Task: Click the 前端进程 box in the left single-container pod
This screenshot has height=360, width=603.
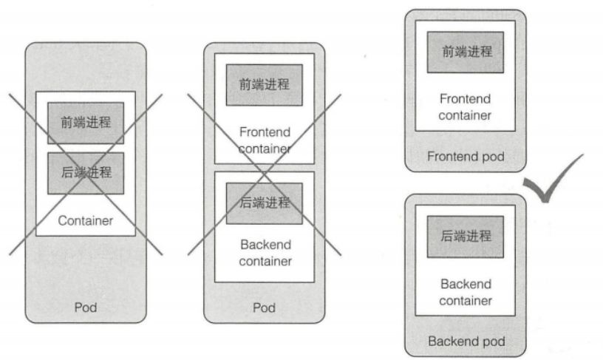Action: click(86, 122)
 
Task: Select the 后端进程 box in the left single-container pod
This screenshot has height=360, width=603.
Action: click(86, 173)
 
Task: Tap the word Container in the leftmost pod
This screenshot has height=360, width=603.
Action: click(86, 220)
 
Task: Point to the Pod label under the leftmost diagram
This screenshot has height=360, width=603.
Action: click(86, 307)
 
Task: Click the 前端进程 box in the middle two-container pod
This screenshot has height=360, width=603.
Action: click(264, 84)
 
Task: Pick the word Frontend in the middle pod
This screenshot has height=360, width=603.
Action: click(265, 133)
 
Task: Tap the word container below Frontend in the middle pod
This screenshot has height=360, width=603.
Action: click(265, 149)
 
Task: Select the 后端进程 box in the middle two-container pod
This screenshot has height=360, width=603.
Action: click(264, 203)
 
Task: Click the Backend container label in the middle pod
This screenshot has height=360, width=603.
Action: click(265, 252)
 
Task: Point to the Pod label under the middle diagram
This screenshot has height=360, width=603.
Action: click(264, 307)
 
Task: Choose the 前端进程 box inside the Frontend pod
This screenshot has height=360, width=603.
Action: click(466, 52)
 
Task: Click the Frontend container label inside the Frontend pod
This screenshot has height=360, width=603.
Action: click(465, 106)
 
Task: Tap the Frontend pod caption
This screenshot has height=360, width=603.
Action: click(466, 157)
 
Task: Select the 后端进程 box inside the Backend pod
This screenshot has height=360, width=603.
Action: click(466, 237)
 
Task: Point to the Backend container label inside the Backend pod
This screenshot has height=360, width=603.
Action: click(466, 292)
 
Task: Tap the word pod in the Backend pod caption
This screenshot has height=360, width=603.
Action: click(494, 342)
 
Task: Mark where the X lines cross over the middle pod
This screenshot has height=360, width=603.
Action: click(264, 174)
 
